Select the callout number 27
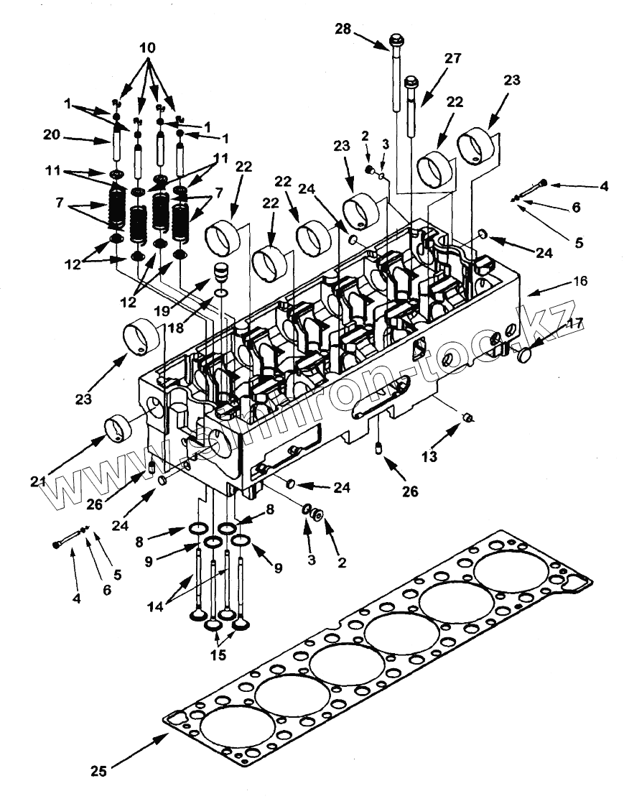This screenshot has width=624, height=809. click(x=453, y=58)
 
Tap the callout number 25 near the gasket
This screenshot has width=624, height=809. click(x=98, y=771)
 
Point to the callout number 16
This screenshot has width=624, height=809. click(x=579, y=281)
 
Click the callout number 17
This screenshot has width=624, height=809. click(x=574, y=324)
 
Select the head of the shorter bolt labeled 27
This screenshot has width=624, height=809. click(x=411, y=81)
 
